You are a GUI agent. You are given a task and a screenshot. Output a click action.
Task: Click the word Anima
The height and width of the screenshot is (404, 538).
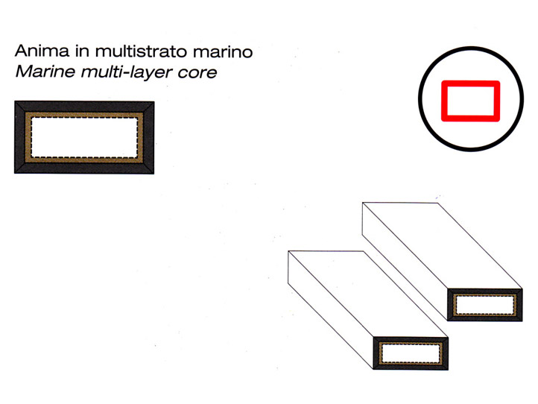coord(42,51)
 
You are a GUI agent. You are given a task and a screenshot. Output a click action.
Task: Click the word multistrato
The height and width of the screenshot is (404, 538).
coord(142,51)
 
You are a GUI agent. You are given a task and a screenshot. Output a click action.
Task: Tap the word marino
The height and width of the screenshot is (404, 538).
coord(223,52)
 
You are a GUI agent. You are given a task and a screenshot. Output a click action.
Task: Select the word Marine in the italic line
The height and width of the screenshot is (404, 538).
coord(45,72)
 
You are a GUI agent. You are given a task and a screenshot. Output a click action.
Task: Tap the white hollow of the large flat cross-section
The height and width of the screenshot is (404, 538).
coord(84,138)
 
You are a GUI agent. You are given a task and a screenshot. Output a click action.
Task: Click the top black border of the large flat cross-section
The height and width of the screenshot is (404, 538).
coord(84,107)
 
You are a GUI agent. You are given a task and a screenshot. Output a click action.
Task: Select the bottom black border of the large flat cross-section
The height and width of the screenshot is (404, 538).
coord(84,168)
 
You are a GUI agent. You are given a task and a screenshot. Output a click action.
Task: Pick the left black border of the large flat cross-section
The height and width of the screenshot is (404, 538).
coord(19,137)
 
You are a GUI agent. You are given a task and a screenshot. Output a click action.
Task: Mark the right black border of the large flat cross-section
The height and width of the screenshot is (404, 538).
coord(148,137)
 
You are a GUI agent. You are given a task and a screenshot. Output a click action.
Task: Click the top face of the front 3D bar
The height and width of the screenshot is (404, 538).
coord(368,294)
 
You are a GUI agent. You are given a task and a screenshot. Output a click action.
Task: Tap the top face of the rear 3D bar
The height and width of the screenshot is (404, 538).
coord(443,246)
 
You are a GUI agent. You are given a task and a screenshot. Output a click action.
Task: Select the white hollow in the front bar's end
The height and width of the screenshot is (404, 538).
coord(411,353)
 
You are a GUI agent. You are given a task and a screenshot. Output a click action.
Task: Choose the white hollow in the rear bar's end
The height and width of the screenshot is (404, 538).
coord(485,305)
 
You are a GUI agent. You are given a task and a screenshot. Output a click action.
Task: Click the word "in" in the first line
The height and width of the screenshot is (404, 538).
coord(83,51)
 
